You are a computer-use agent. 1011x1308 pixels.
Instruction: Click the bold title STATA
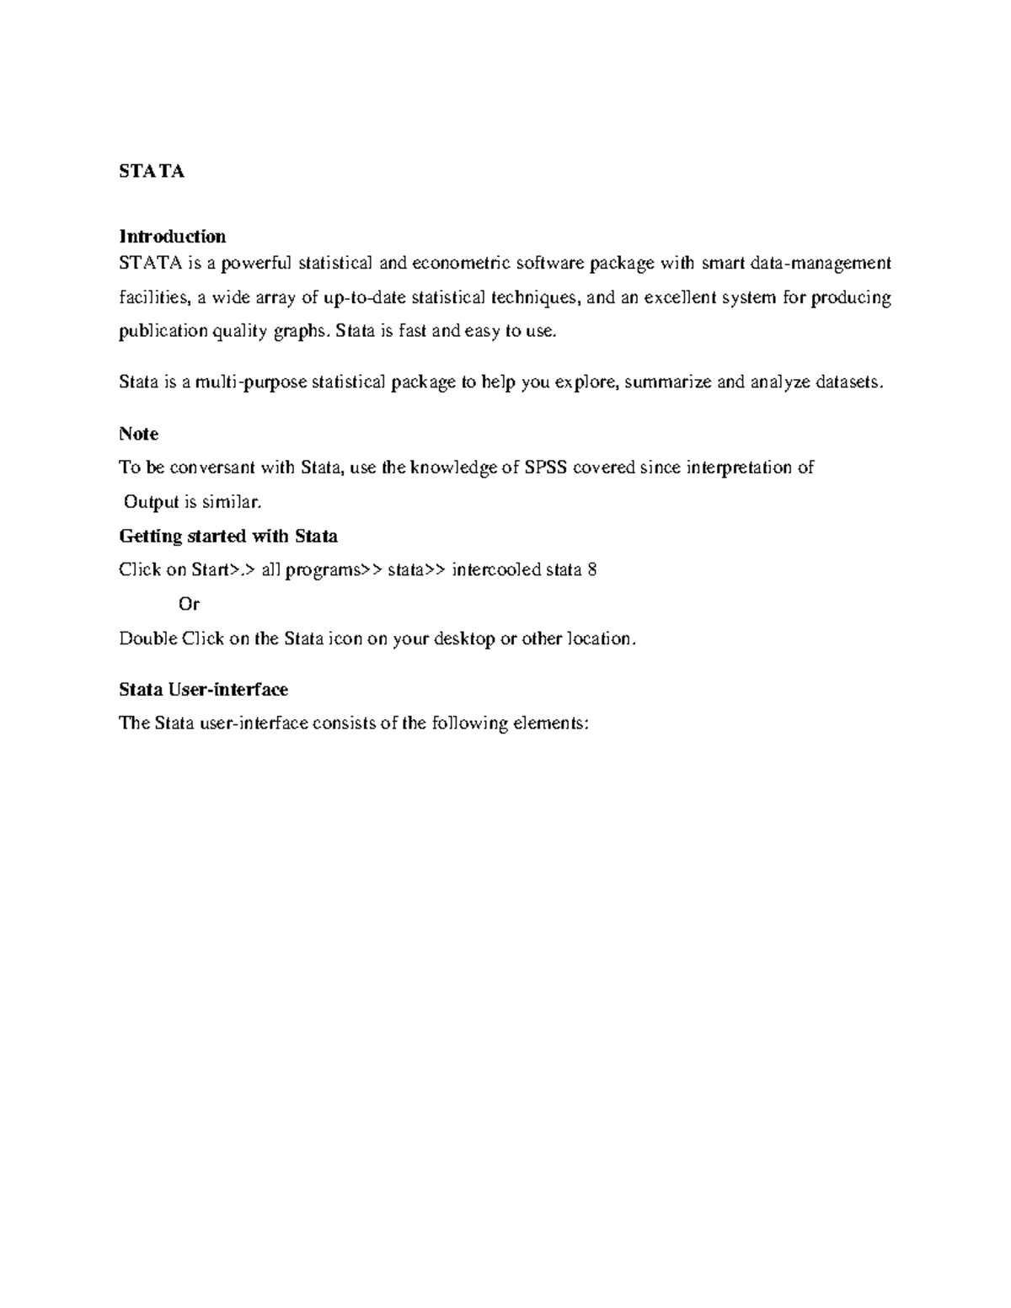tap(152, 172)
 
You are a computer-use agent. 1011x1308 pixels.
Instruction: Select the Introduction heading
tap(172, 236)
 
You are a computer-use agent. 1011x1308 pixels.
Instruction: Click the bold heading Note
tap(138, 434)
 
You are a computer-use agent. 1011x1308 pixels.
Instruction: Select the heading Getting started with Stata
tap(228, 537)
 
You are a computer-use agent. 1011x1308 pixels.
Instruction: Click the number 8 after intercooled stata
tap(592, 570)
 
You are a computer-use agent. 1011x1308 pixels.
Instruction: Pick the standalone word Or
tap(189, 605)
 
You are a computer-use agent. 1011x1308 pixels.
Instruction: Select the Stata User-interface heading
tap(203, 690)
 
